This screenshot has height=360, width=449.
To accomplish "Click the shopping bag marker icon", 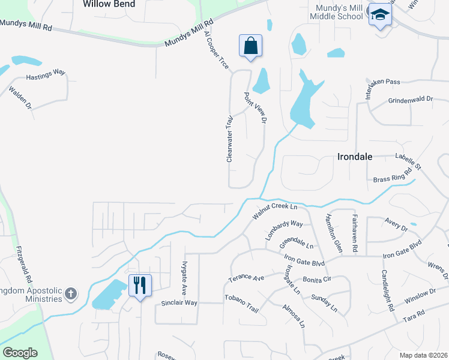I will coord(250,46).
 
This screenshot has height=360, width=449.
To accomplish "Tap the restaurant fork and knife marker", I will coord(139,285).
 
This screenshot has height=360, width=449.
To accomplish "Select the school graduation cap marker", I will coord(379,15).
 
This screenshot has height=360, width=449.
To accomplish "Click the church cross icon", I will coord(71,293).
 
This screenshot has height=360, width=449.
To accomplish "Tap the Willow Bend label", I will coord(109,4).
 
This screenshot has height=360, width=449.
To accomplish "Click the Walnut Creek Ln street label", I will coord(275,211).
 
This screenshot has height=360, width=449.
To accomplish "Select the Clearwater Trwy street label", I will coord(229,139).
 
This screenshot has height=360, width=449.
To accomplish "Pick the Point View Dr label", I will coord(255,108).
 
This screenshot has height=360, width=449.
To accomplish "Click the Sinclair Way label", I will coord(179,303).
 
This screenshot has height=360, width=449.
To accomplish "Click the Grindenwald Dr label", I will coord(411,100).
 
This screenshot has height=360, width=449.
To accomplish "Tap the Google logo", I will coord(20,353).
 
